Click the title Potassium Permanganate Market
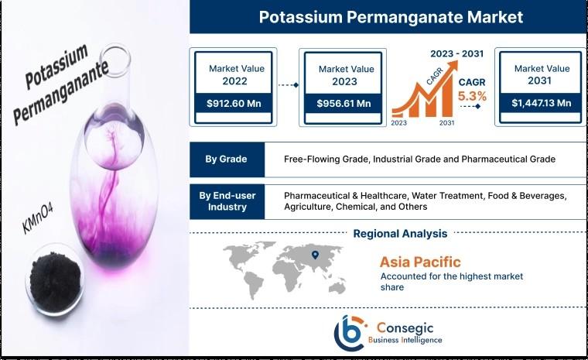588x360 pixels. click(391, 17)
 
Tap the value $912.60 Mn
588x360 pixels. click(234, 103)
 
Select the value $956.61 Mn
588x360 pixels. click(344, 103)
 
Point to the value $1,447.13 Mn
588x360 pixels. click(542, 103)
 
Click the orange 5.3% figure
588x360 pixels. click(472, 97)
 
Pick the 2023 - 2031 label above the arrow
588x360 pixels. click(456, 53)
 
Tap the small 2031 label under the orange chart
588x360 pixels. click(446, 123)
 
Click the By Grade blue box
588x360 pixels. click(227, 159)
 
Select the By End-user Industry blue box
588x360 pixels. click(227, 201)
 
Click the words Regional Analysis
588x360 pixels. click(400, 234)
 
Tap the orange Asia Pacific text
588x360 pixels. click(420, 262)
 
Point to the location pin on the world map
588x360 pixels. click(315, 255)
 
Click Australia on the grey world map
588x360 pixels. click(337, 287)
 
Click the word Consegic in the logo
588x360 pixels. click(405, 328)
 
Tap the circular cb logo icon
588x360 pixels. click(349, 332)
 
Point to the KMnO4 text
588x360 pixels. click(37, 218)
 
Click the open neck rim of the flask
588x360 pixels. click(115, 59)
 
